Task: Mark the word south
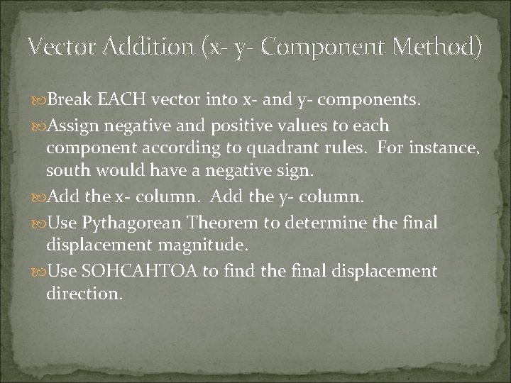(x=67, y=171)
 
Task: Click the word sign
(x=311, y=171)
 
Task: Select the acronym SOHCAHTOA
(x=148, y=272)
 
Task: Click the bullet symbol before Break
(x=38, y=101)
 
